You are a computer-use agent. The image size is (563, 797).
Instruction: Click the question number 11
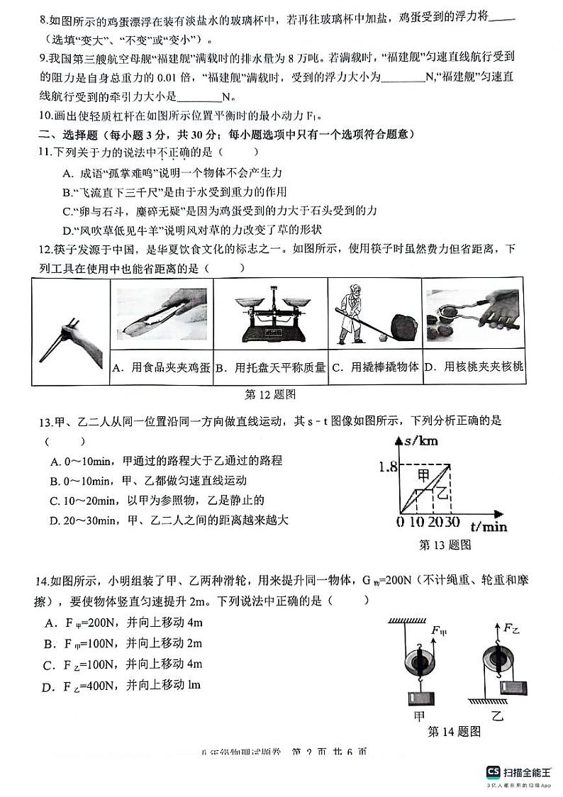[44, 152]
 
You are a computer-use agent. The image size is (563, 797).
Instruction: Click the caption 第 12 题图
[269, 394]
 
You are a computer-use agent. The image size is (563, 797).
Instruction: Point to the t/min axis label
[489, 526]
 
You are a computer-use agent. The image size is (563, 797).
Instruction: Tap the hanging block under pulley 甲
[420, 698]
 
